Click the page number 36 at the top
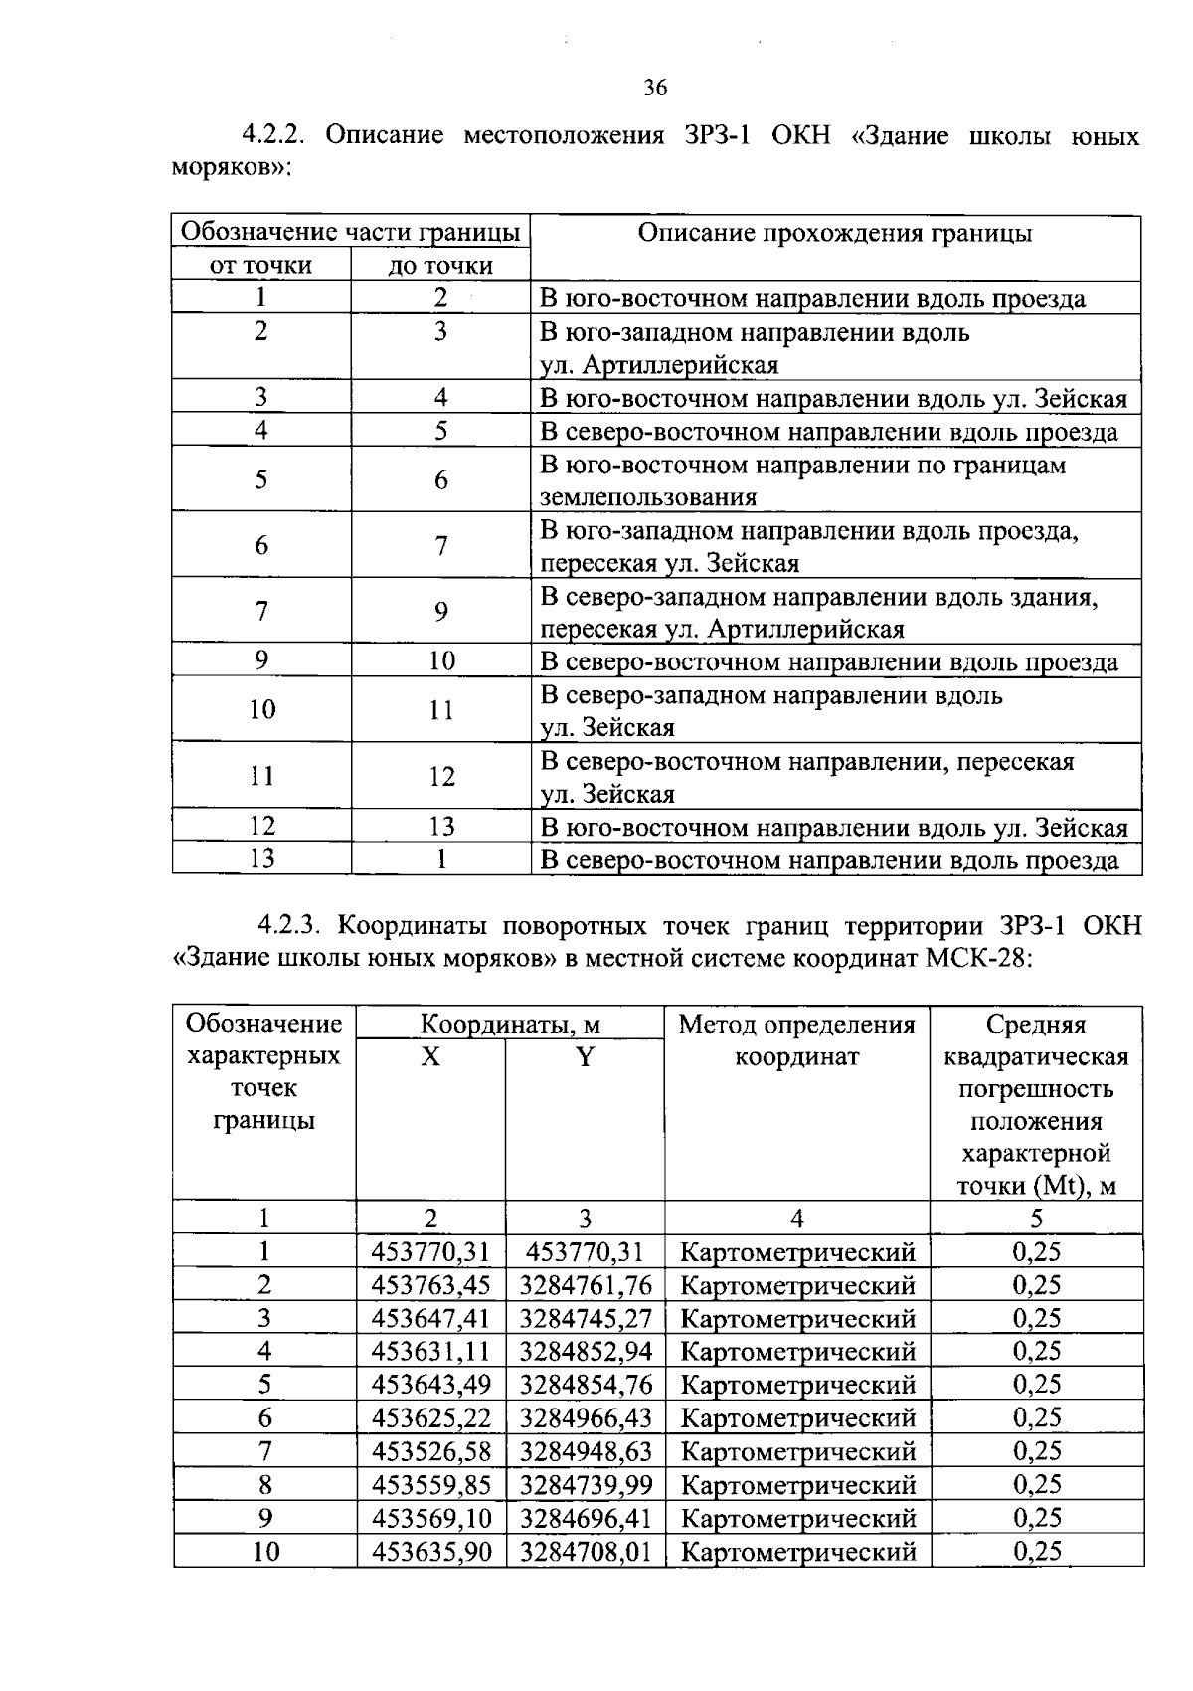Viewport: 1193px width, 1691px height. point(654,88)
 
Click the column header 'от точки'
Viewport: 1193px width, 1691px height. point(260,266)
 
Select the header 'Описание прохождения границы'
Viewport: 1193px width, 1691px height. point(834,233)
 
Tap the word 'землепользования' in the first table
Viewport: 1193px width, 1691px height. point(647,497)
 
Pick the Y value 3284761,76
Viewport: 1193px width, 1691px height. point(585,1285)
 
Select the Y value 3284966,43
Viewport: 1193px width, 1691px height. point(585,1417)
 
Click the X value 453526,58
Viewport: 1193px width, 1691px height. point(430,1451)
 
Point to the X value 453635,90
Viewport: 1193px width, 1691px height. point(430,1551)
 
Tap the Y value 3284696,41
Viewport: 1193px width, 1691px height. point(585,1518)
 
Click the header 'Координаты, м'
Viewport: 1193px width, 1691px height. point(509,1025)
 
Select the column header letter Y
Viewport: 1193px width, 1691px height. point(585,1057)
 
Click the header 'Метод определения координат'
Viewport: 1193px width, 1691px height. point(796,1039)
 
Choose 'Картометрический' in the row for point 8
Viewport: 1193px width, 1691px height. point(796,1485)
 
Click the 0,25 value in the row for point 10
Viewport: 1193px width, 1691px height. point(1036,1551)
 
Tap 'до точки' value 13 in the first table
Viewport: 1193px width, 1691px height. point(440,826)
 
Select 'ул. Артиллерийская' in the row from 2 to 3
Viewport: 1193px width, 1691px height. point(658,365)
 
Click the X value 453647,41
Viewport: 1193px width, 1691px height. point(430,1318)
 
